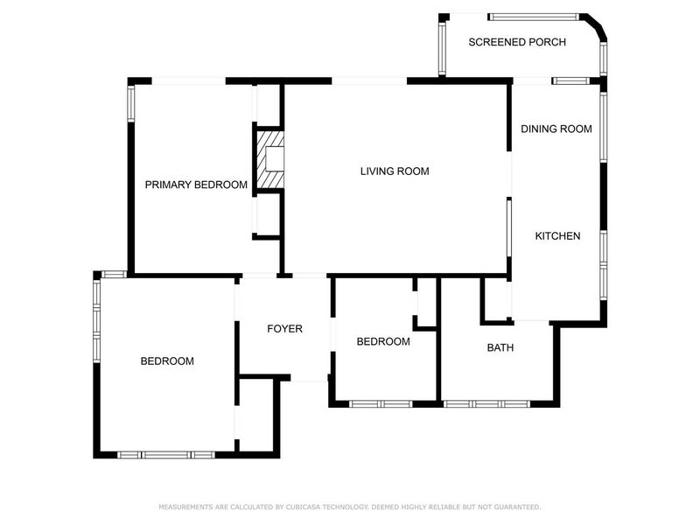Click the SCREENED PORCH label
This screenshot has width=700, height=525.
(516, 42)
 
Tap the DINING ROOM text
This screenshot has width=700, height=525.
(556, 129)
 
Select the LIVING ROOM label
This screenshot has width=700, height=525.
(395, 171)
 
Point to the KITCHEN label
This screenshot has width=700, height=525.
(557, 236)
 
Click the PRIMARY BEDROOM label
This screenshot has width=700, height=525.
(196, 185)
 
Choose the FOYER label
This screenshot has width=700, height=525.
(284, 329)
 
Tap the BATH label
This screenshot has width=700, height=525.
(500, 347)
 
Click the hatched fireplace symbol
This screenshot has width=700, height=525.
(270, 159)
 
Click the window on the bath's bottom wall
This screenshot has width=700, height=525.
(486, 404)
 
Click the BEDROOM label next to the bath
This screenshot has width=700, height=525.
(383, 341)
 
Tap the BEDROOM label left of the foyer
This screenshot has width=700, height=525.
(167, 361)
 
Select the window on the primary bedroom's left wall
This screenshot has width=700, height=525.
(131, 102)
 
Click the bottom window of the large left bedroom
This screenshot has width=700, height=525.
(166, 454)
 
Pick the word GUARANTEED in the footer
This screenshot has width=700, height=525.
(516, 507)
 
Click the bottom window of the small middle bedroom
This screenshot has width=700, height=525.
(381, 404)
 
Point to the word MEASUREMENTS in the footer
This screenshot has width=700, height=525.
(186, 507)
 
